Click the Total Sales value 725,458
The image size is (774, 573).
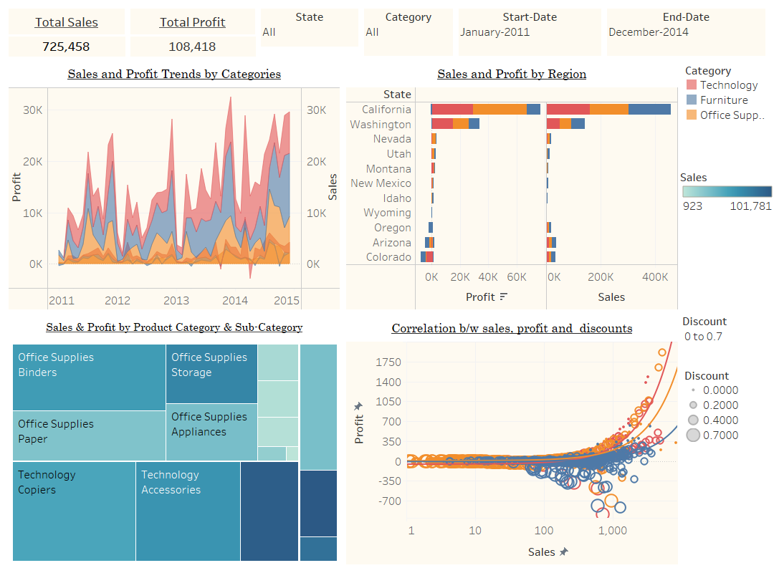point(67,47)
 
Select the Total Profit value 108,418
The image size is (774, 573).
point(192,47)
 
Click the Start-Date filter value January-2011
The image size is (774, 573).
point(496,32)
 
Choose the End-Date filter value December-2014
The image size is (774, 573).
point(648,32)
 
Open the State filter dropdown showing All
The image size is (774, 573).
point(309,32)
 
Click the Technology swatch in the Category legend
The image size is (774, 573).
point(691,85)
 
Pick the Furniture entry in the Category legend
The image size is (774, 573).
point(723,100)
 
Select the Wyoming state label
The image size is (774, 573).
point(387,213)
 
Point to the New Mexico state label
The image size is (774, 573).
point(381,183)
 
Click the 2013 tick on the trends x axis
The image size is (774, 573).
point(176,301)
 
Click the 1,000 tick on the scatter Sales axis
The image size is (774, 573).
point(612,531)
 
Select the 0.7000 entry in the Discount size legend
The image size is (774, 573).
point(720,435)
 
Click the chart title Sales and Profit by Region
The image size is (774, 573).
point(512,74)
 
